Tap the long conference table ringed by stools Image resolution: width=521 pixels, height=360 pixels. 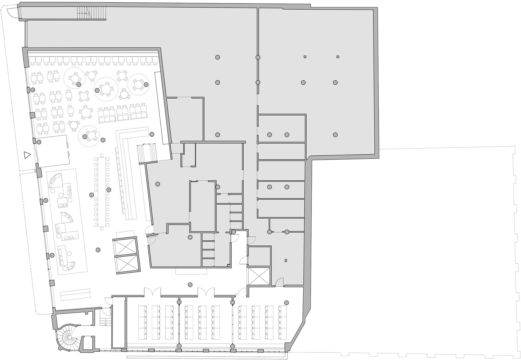tap(101, 192)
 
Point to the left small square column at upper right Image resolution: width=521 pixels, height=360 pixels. tap(305, 57)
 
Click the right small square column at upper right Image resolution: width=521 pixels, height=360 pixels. tap(338, 57)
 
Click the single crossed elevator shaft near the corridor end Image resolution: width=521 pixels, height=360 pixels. tap(258, 276)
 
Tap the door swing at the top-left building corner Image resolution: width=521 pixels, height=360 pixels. tap(13, 12)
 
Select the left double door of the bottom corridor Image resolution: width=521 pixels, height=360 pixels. tap(153, 291)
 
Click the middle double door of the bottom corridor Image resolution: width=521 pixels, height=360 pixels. tap(206, 291)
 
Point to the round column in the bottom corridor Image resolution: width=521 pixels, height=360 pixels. tap(190, 285)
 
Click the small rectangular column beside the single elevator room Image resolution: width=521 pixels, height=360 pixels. tap(286, 260)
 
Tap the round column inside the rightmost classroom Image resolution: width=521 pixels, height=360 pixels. tap(287, 303)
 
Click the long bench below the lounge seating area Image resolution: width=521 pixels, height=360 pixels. tap(75, 295)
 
